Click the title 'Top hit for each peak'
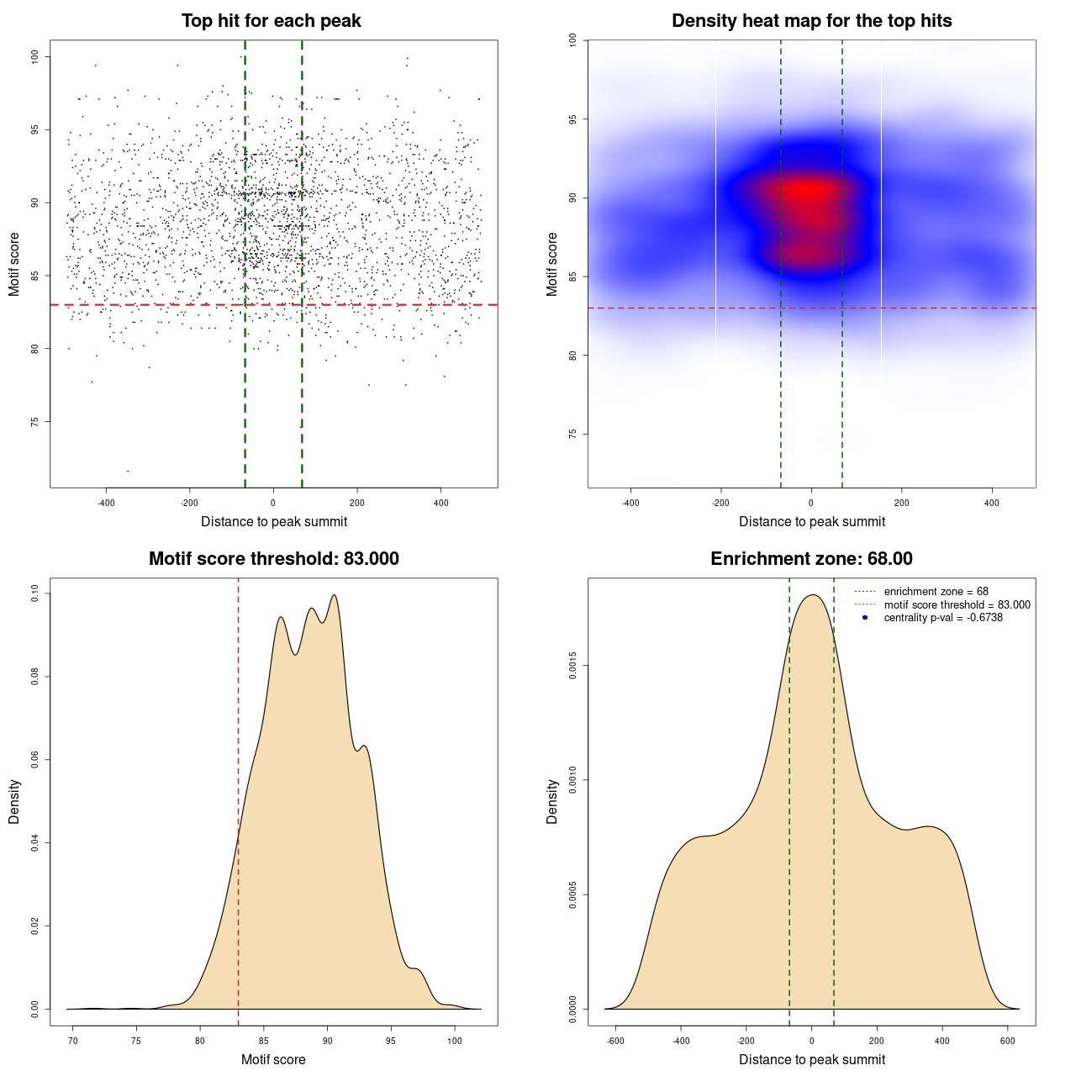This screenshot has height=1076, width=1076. tap(271, 21)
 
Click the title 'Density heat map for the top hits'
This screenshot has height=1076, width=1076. tap(811, 21)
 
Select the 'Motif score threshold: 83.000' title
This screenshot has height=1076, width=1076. tap(273, 559)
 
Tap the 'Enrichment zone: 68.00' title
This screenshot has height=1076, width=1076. tap(811, 559)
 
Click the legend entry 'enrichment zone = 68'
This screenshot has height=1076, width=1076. tap(936, 592)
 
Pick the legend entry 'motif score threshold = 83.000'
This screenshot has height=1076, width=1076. tap(957, 604)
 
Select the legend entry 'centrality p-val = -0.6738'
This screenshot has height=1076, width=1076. tap(943, 618)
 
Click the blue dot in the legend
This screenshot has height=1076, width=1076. tap(865, 618)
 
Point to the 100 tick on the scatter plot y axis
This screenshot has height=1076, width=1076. tap(34, 57)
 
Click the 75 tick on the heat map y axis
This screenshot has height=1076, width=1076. tap(572, 434)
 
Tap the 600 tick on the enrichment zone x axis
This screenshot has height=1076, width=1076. tap(1007, 1041)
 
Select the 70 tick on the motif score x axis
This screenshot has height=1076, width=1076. tap(73, 1041)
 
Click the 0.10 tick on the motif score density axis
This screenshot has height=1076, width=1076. tap(34, 593)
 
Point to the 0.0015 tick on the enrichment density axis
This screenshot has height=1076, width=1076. tap(572, 666)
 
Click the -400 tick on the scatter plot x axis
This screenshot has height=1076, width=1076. tap(106, 503)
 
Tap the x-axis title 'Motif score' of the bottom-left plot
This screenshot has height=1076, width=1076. tap(273, 1059)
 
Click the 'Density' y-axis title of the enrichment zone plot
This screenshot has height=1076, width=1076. tap(552, 801)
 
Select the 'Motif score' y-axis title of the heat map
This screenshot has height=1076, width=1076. tap(552, 264)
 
